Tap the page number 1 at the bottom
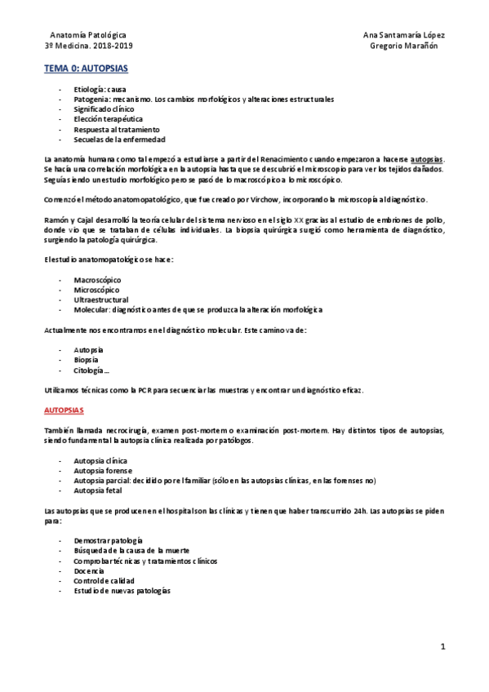(x=442, y=647)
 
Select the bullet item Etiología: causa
(x=100, y=89)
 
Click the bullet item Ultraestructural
(x=101, y=299)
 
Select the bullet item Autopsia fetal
(x=98, y=491)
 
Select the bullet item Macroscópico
(x=96, y=279)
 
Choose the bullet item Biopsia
(x=87, y=360)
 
